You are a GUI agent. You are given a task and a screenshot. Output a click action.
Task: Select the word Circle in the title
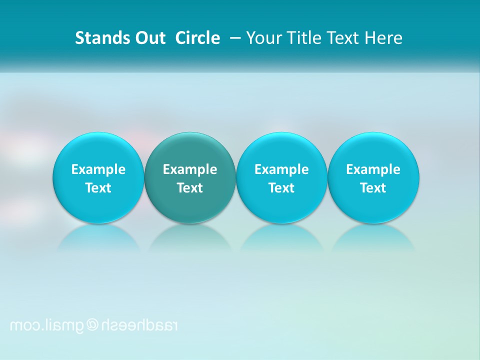click(197, 38)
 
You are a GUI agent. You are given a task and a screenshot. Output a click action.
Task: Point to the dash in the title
click(235, 38)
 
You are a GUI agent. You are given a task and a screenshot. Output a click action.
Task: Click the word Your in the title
click(262, 38)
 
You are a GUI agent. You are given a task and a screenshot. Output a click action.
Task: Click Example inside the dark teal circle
click(190, 169)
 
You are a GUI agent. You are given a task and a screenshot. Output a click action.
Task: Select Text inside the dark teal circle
click(190, 188)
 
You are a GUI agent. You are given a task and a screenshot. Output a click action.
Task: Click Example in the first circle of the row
click(98, 169)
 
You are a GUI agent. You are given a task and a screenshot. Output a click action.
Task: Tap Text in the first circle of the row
click(98, 188)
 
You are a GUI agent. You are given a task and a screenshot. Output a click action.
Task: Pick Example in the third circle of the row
click(281, 169)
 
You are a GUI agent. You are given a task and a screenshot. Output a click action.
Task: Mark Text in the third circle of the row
click(281, 188)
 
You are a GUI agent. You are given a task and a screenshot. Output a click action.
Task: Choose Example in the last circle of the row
click(373, 169)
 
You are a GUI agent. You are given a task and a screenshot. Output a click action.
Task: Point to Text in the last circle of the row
click(373, 188)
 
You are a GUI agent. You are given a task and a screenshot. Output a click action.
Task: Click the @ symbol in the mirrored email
click(93, 325)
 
